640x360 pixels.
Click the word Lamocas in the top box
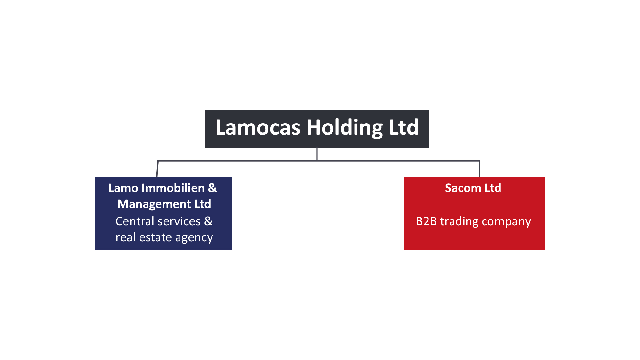click(x=258, y=128)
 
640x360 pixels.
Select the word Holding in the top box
click(x=345, y=128)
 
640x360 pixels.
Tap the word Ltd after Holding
click(x=404, y=128)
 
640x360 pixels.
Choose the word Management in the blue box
click(x=154, y=204)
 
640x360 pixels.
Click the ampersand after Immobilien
click(x=212, y=188)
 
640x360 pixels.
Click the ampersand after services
click(x=208, y=221)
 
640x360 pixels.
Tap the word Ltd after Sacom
click(x=493, y=188)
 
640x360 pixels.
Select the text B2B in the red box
click(x=426, y=221)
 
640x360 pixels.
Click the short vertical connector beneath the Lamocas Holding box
click(x=317, y=154)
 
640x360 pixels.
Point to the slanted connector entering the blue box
click(x=157, y=169)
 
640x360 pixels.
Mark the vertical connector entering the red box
click(x=479, y=169)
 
